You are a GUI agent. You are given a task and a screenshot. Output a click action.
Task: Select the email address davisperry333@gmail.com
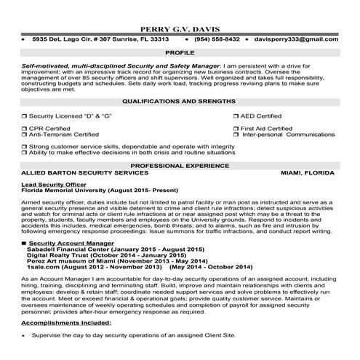(300, 39)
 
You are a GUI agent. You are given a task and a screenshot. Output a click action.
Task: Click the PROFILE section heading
(179, 53)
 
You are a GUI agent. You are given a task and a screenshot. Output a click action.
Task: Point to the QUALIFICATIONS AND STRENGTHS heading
(180, 101)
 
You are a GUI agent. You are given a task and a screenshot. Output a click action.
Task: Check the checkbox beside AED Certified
(236, 116)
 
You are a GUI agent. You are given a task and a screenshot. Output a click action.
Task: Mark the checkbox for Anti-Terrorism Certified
(24, 135)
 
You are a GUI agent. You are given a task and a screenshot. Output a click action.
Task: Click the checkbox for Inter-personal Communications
(236, 135)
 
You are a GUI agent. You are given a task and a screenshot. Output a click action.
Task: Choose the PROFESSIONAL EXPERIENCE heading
(180, 166)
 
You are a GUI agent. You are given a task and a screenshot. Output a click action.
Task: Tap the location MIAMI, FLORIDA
(307, 175)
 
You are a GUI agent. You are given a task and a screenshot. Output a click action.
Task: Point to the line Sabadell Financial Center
(95, 249)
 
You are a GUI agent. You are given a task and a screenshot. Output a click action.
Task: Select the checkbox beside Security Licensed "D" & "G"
(24, 116)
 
